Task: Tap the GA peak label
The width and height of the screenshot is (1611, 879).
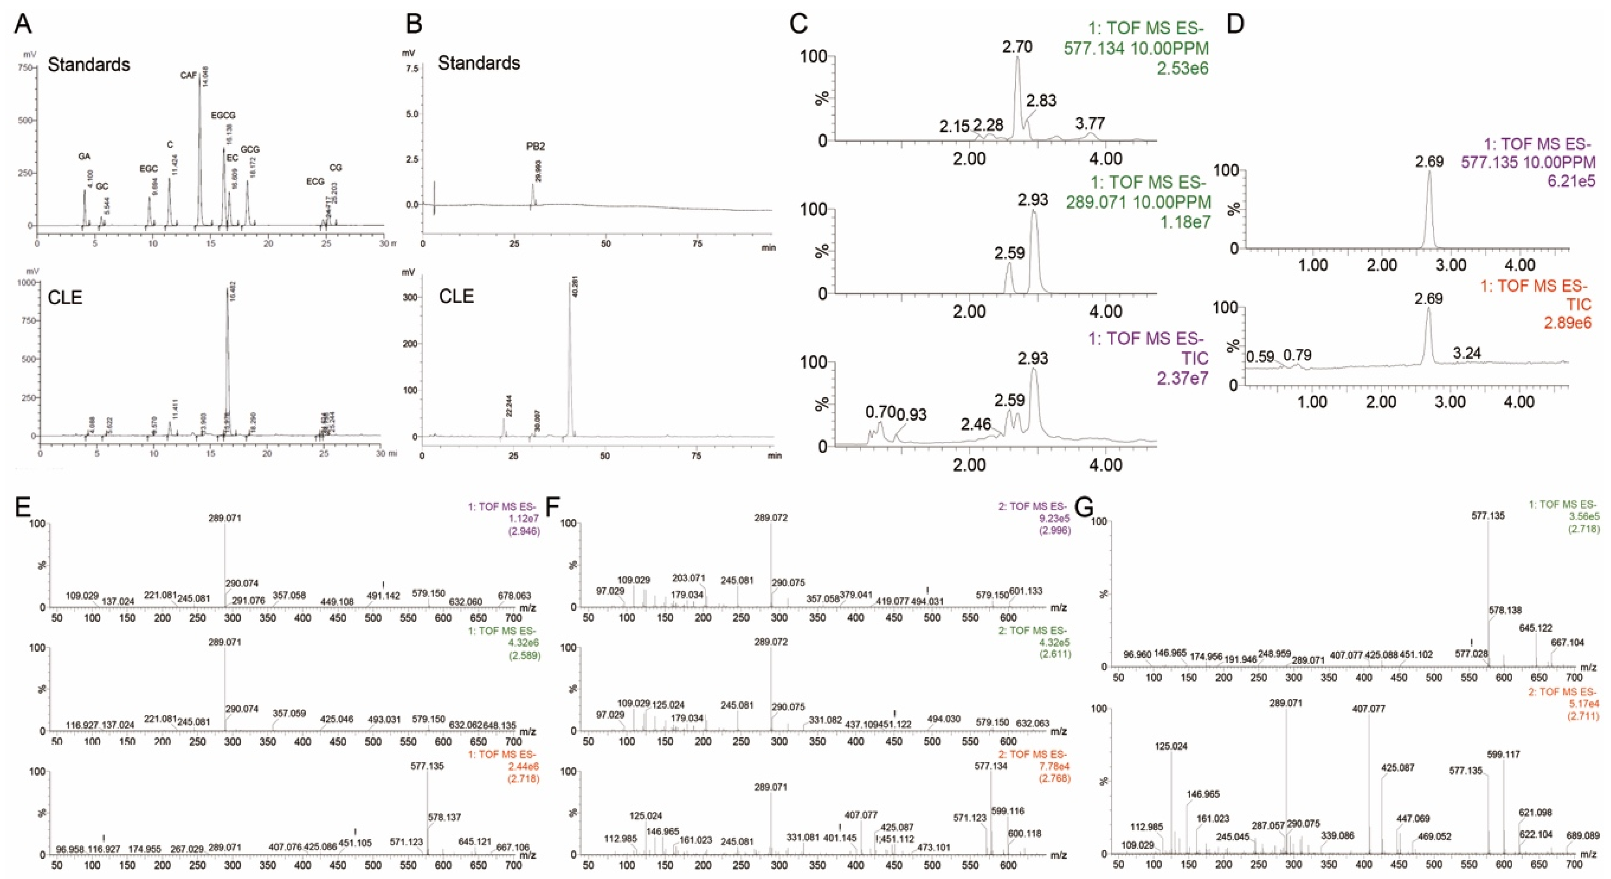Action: click(x=84, y=156)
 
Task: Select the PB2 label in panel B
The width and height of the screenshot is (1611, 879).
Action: click(x=535, y=147)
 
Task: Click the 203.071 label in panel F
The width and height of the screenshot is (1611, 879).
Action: click(x=688, y=578)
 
